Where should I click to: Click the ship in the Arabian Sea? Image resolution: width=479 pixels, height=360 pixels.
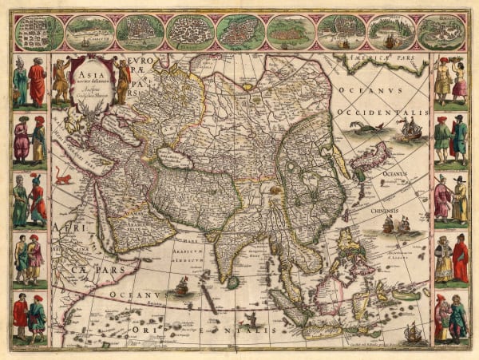click(x=182, y=285)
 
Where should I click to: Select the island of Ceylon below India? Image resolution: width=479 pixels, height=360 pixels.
click(x=232, y=282)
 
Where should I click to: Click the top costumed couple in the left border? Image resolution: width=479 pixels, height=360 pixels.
click(x=30, y=81)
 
